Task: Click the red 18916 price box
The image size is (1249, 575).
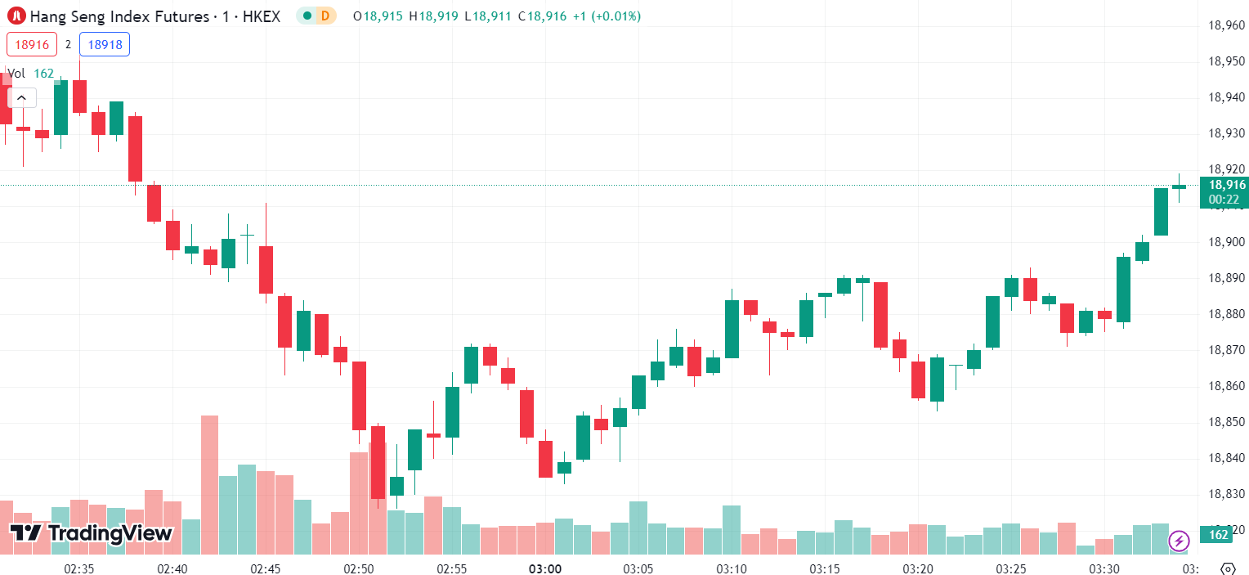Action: point(32,44)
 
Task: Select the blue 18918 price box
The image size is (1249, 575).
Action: point(105,44)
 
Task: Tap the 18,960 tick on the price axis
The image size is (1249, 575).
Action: point(1226,25)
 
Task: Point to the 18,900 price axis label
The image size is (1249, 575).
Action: point(1226,242)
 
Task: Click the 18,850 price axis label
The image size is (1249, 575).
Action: point(1226,422)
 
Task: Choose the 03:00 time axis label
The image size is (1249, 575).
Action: point(544,568)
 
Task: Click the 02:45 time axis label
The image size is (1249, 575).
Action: point(266,568)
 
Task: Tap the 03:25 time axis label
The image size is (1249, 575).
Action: point(1011,568)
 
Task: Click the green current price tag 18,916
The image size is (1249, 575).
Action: point(1223,186)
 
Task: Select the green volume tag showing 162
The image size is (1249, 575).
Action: point(1218,535)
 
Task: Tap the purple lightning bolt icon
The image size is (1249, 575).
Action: point(1179,541)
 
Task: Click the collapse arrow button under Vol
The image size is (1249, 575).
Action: point(21,98)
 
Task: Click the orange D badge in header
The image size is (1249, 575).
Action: point(325,16)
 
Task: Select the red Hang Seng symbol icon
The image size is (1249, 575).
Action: point(16,16)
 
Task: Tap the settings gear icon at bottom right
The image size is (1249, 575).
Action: point(1227,568)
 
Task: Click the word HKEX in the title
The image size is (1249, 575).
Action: point(261,16)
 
